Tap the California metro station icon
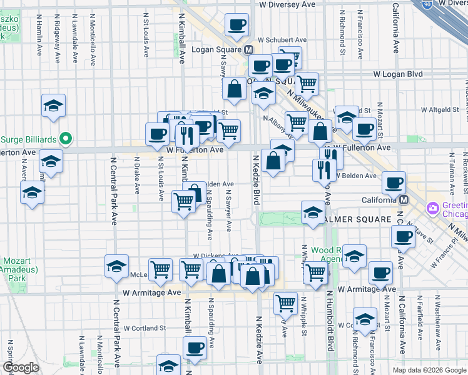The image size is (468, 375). [404, 200]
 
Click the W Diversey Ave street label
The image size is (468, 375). [288, 4]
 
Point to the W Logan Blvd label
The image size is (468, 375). [398, 74]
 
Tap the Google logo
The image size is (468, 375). [21, 368]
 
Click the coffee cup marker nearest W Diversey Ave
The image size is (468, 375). [236, 26]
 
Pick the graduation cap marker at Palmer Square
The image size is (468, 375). [312, 213]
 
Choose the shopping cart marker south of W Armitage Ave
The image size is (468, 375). [285, 302]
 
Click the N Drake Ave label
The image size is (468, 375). [136, 175]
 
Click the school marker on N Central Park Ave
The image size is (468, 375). [116, 267]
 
